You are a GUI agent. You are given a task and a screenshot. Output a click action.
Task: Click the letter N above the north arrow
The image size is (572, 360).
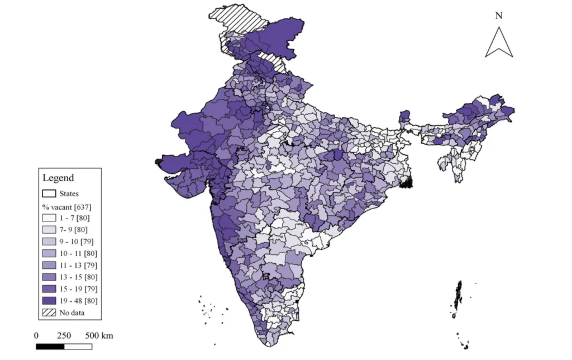499,16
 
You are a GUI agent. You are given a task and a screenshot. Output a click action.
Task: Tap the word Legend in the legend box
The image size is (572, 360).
58,178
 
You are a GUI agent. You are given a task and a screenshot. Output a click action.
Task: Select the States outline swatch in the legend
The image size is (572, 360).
49,193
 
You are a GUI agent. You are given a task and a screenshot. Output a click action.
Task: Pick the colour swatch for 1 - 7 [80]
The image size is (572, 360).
49,218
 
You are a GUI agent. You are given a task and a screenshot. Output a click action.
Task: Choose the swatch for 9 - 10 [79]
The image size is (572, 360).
49,241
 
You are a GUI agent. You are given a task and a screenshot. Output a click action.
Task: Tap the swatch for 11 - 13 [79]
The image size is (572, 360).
49,265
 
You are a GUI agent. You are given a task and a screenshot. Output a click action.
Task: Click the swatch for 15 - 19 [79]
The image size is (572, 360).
49,288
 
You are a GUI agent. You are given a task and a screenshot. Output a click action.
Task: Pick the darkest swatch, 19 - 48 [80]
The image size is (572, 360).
49,301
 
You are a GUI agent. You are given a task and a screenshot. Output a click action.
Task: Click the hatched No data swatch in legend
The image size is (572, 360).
49,312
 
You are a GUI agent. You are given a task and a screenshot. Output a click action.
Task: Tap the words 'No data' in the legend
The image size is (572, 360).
72,312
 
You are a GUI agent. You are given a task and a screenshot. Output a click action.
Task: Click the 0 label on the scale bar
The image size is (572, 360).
36,335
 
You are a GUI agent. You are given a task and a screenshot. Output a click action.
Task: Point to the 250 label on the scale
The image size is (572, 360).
64,335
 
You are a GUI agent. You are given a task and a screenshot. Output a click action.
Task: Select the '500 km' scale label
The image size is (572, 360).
99,335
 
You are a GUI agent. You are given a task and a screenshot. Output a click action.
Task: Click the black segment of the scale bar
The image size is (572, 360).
50,347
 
